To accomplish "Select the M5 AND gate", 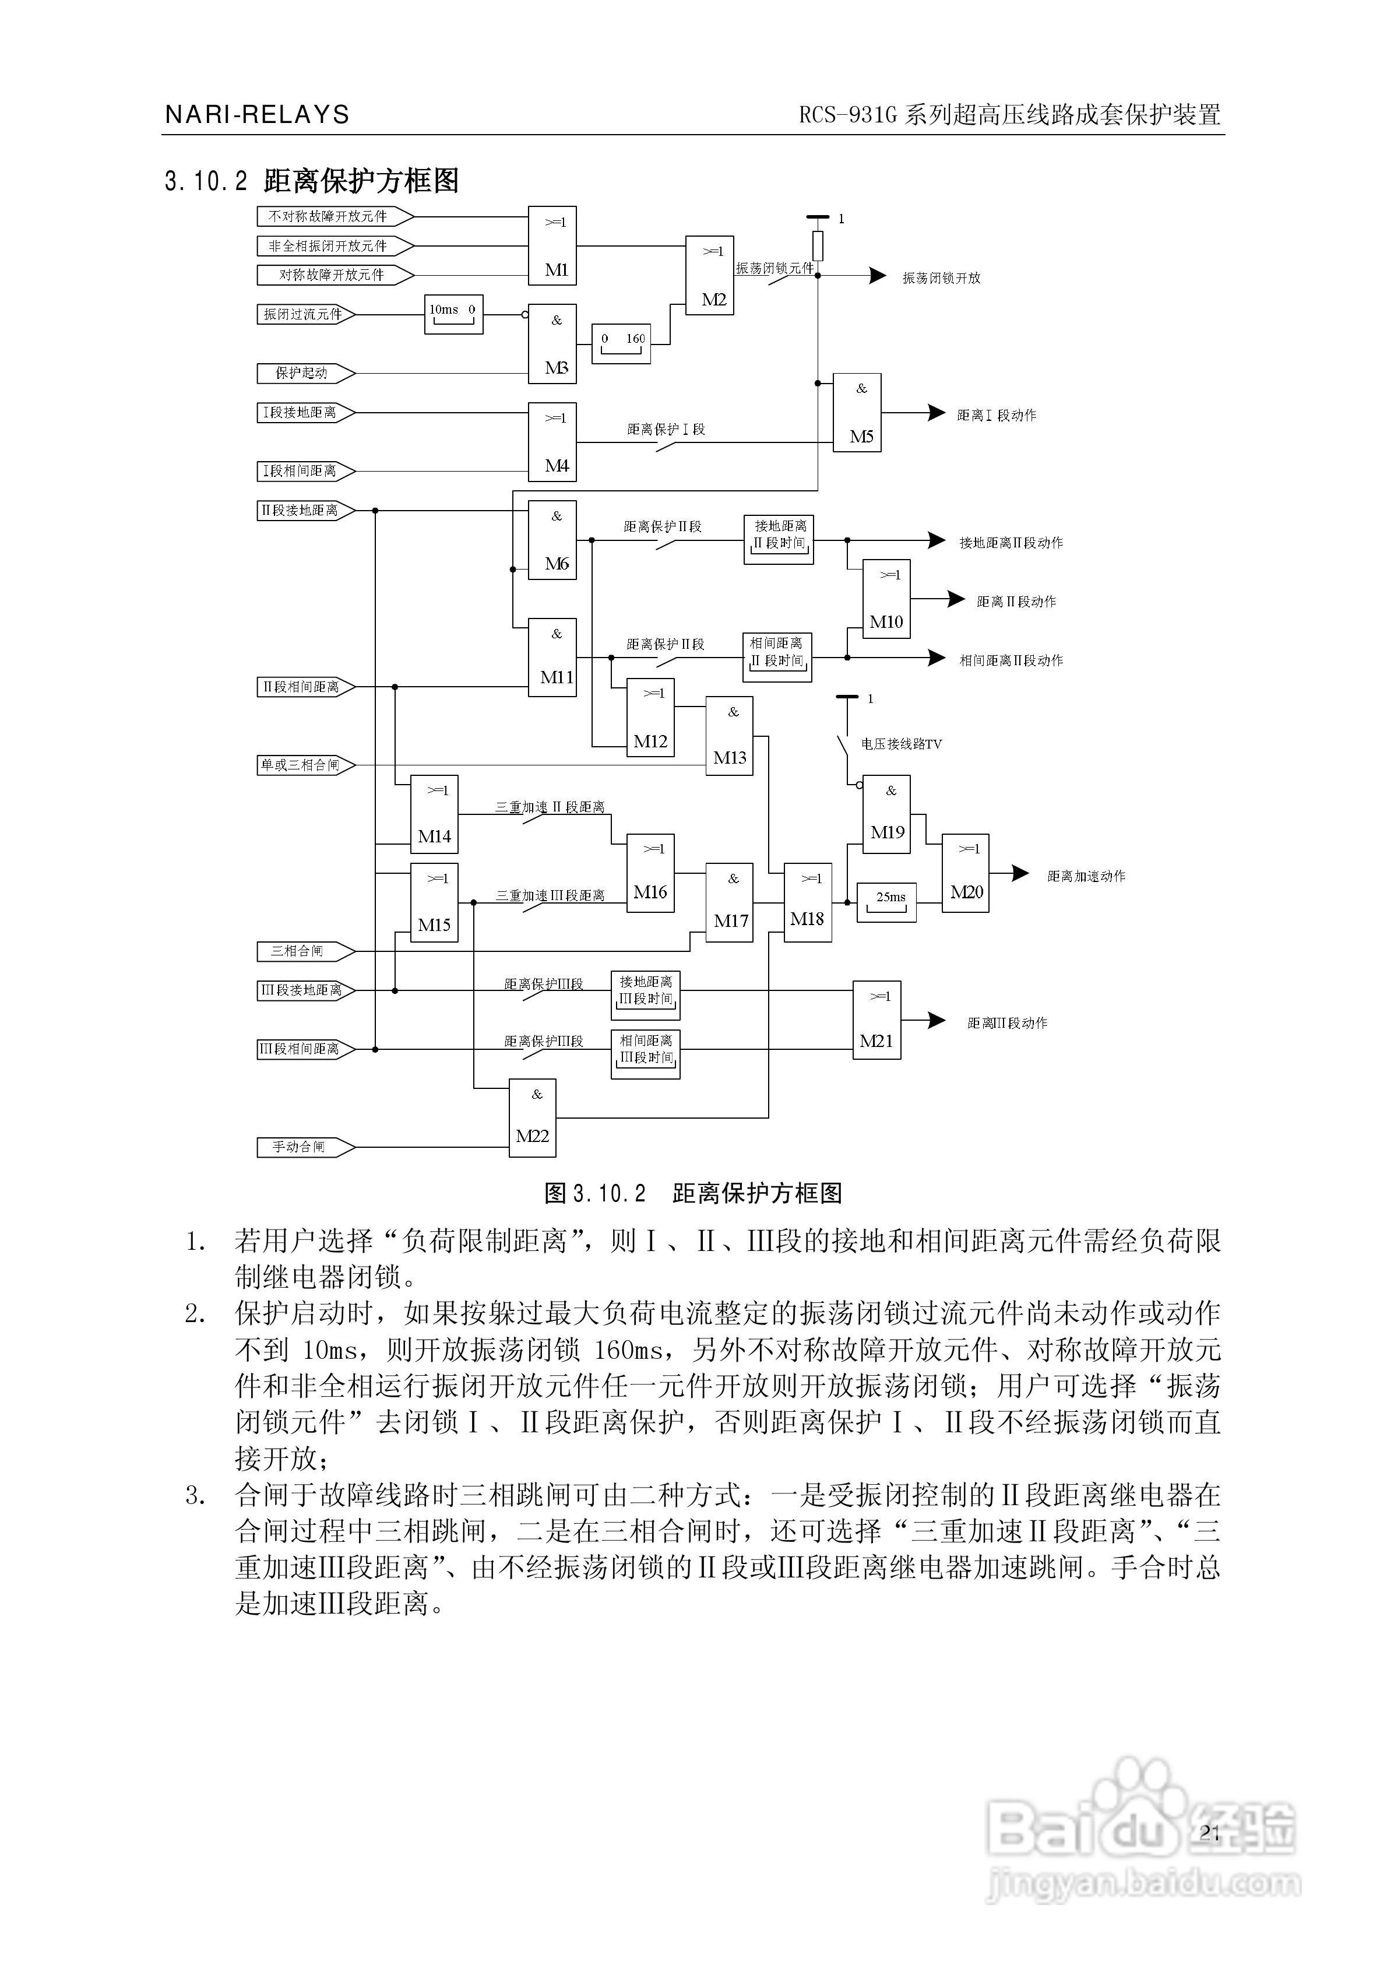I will tap(857, 413).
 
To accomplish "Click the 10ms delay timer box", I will tap(453, 314).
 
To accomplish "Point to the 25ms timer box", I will tap(886, 902).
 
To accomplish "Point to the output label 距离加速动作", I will tap(1086, 876).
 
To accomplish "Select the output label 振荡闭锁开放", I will tap(941, 277).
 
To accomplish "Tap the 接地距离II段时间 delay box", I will tap(779, 539).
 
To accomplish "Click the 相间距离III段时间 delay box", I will tap(646, 1054).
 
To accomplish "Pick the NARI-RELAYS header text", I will tap(257, 114).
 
